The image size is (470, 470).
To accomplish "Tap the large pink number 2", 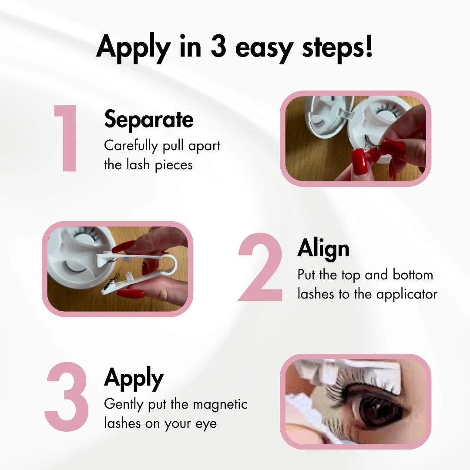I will click(x=261, y=267).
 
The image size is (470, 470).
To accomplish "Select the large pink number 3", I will click(x=67, y=396).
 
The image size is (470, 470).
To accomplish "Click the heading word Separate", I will click(x=149, y=119).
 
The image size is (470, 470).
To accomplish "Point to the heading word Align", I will click(x=323, y=249).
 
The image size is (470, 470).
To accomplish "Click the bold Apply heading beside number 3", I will click(x=134, y=378).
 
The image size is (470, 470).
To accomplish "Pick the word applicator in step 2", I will click(x=407, y=294).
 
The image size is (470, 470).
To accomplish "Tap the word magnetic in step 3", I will click(x=220, y=404).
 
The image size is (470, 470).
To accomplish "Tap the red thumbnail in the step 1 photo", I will click(x=359, y=162).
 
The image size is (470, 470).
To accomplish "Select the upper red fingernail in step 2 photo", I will click(x=123, y=247).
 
